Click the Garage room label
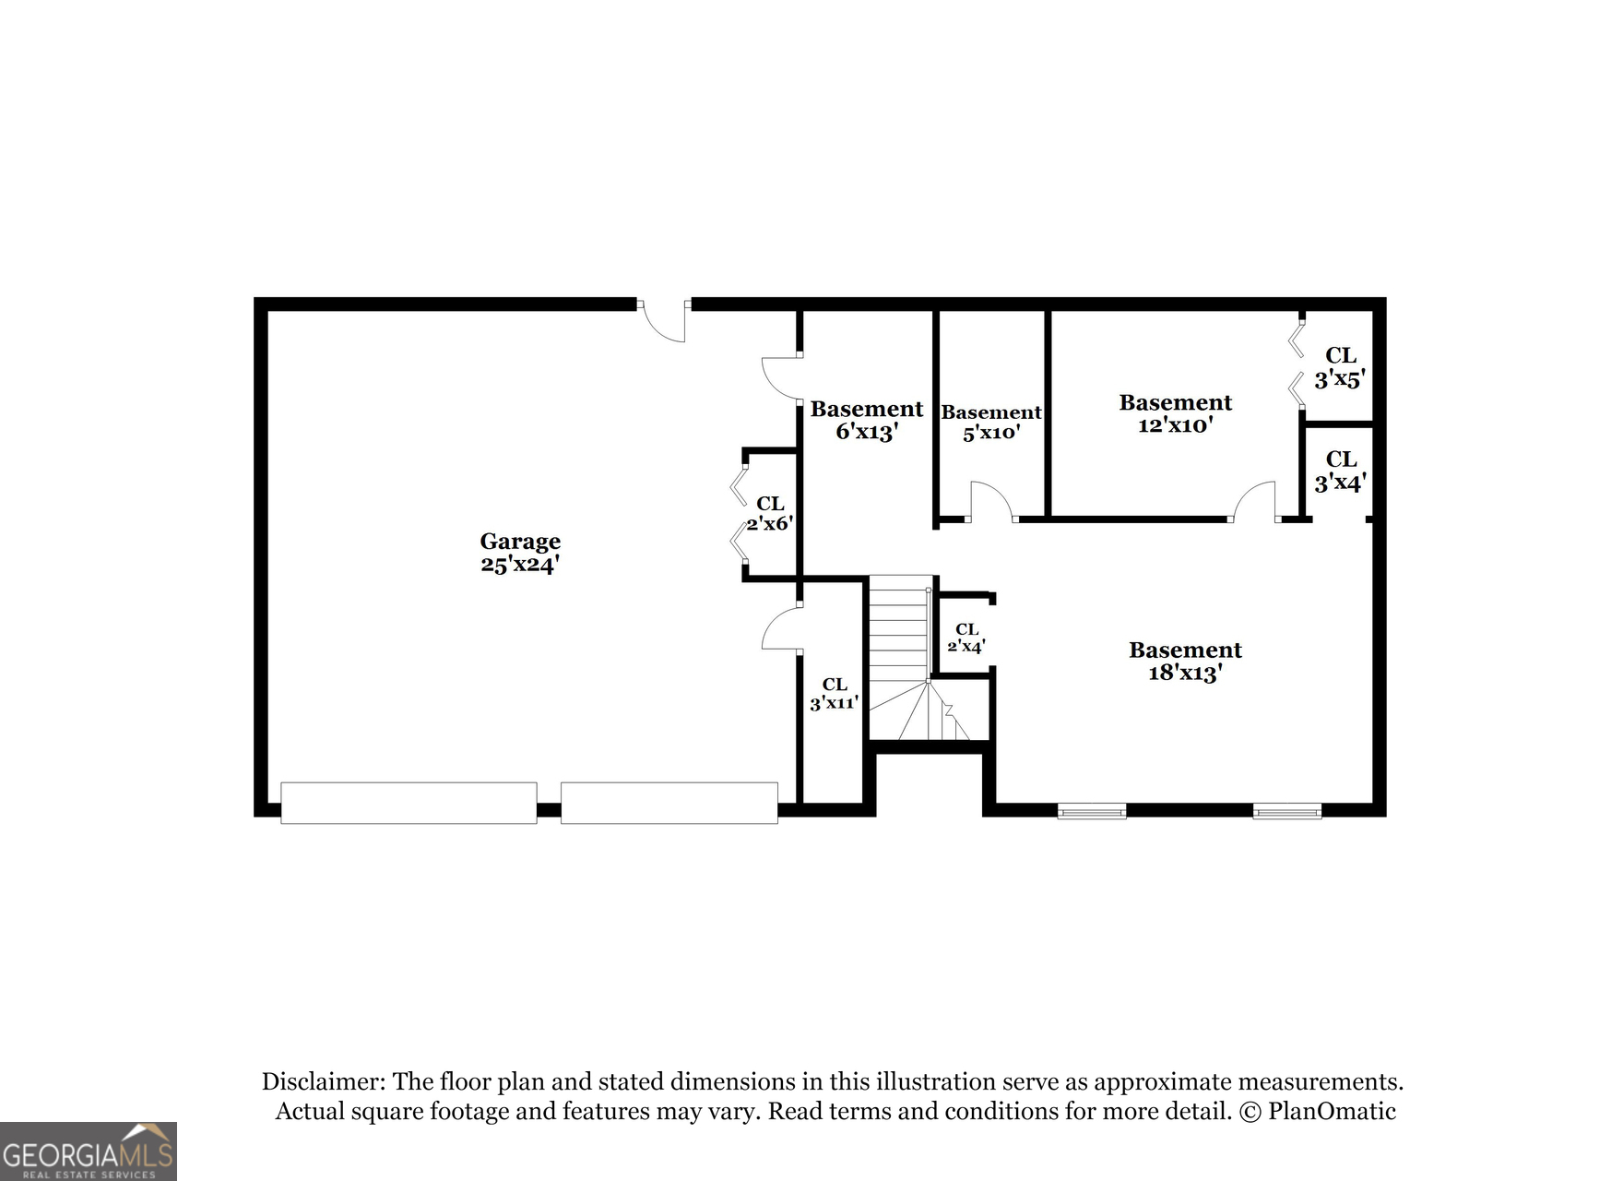[519, 542]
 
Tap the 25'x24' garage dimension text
[519, 565]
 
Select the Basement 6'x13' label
[866, 420]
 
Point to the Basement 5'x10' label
[990, 423]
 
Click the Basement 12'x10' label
[1175, 413]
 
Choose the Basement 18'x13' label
[1185, 661]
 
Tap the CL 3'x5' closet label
[1340, 367]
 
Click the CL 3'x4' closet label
[1340, 471]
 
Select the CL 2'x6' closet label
[770, 513]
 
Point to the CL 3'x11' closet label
[834, 693]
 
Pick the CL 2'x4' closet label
[966, 638]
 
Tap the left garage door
[409, 803]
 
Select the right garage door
[669, 803]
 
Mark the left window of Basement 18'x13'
[1091, 812]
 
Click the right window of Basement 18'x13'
[1286, 812]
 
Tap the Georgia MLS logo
[88, 1151]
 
